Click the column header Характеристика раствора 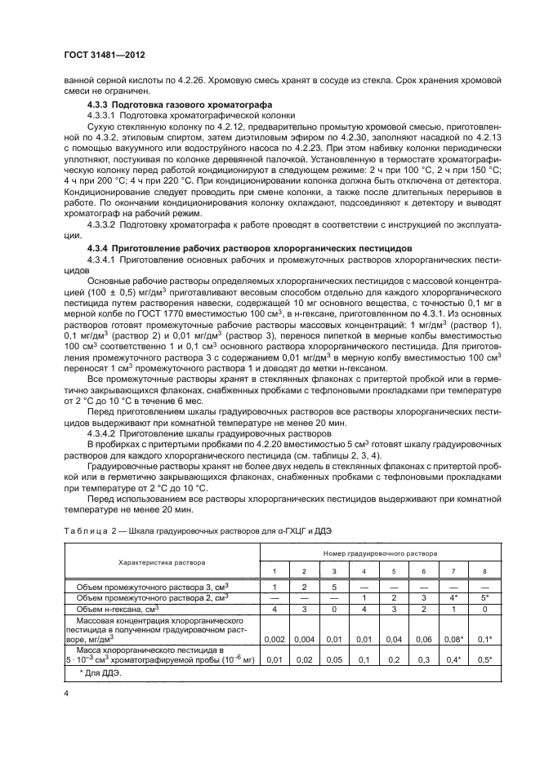click(162, 562)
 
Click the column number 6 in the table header click(423, 570)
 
